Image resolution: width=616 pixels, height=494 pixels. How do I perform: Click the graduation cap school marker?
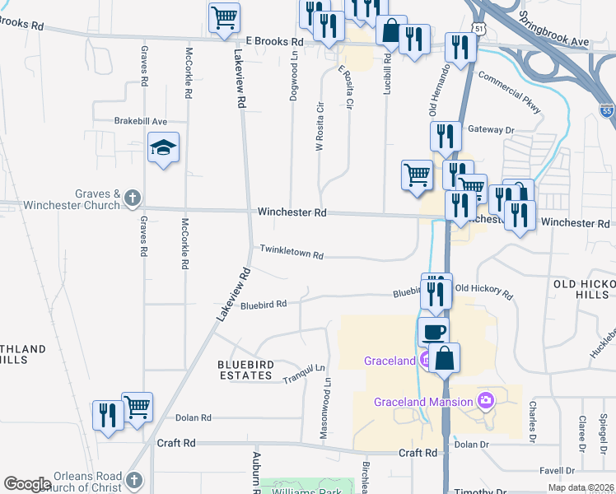[x=164, y=149]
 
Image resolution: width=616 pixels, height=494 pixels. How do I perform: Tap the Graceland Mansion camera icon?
[x=486, y=401]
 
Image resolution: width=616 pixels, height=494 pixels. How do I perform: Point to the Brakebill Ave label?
[x=141, y=121]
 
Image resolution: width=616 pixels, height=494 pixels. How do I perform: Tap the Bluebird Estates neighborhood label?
[x=245, y=370]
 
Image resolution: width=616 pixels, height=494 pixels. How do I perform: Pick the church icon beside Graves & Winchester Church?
[x=133, y=198]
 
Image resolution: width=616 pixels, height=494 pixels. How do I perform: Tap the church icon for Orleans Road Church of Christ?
[x=133, y=479]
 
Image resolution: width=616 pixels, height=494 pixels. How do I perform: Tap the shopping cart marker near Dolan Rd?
[x=138, y=406]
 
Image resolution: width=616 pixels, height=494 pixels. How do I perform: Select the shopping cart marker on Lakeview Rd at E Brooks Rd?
[x=225, y=17]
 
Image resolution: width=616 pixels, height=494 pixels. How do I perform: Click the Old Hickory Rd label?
[x=483, y=290]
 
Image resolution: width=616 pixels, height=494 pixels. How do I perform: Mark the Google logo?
[x=27, y=484]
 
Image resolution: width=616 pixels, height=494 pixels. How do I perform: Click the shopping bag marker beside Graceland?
[x=444, y=358]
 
